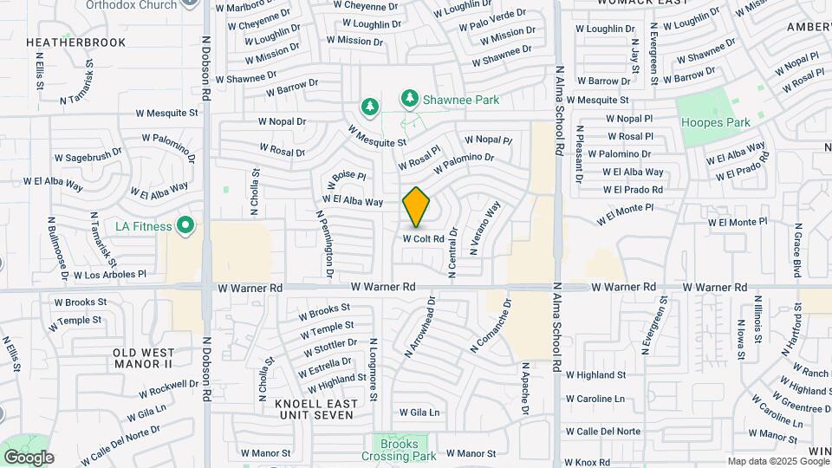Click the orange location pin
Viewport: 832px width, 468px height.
[x=417, y=207]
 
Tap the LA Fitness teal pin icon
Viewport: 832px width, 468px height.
[x=185, y=227]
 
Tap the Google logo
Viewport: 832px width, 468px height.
[x=28, y=458]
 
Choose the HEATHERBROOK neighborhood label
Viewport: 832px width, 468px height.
[x=75, y=42]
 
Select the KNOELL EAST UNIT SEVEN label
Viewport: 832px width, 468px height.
[x=314, y=409]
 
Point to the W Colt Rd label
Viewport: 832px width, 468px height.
[x=424, y=238]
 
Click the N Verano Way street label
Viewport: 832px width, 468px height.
[x=486, y=227]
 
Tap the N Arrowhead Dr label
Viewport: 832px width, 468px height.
[x=419, y=327]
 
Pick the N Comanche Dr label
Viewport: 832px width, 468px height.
[x=491, y=326]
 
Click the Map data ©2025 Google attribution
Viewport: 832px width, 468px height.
[x=777, y=461]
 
